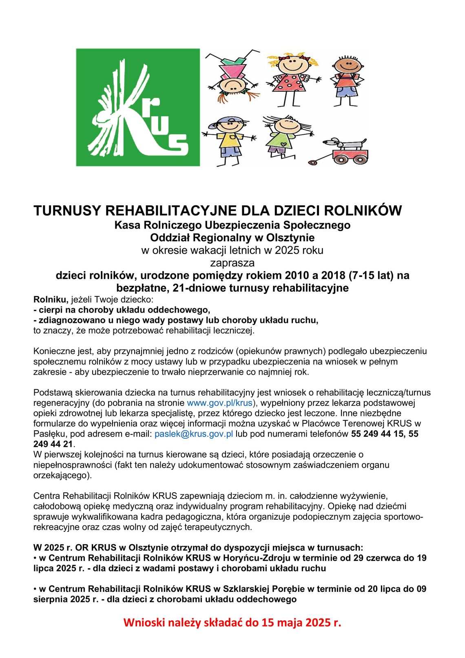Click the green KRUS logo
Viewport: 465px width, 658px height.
pos(138,107)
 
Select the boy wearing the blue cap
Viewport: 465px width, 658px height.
pos(229,139)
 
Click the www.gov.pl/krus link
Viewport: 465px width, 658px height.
pos(220,403)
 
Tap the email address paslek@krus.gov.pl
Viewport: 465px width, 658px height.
pos(194,433)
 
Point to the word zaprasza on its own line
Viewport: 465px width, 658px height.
pos(232,262)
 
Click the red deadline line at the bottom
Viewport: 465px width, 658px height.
pos(232,622)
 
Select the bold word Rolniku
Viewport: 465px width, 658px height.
pos(49,300)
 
